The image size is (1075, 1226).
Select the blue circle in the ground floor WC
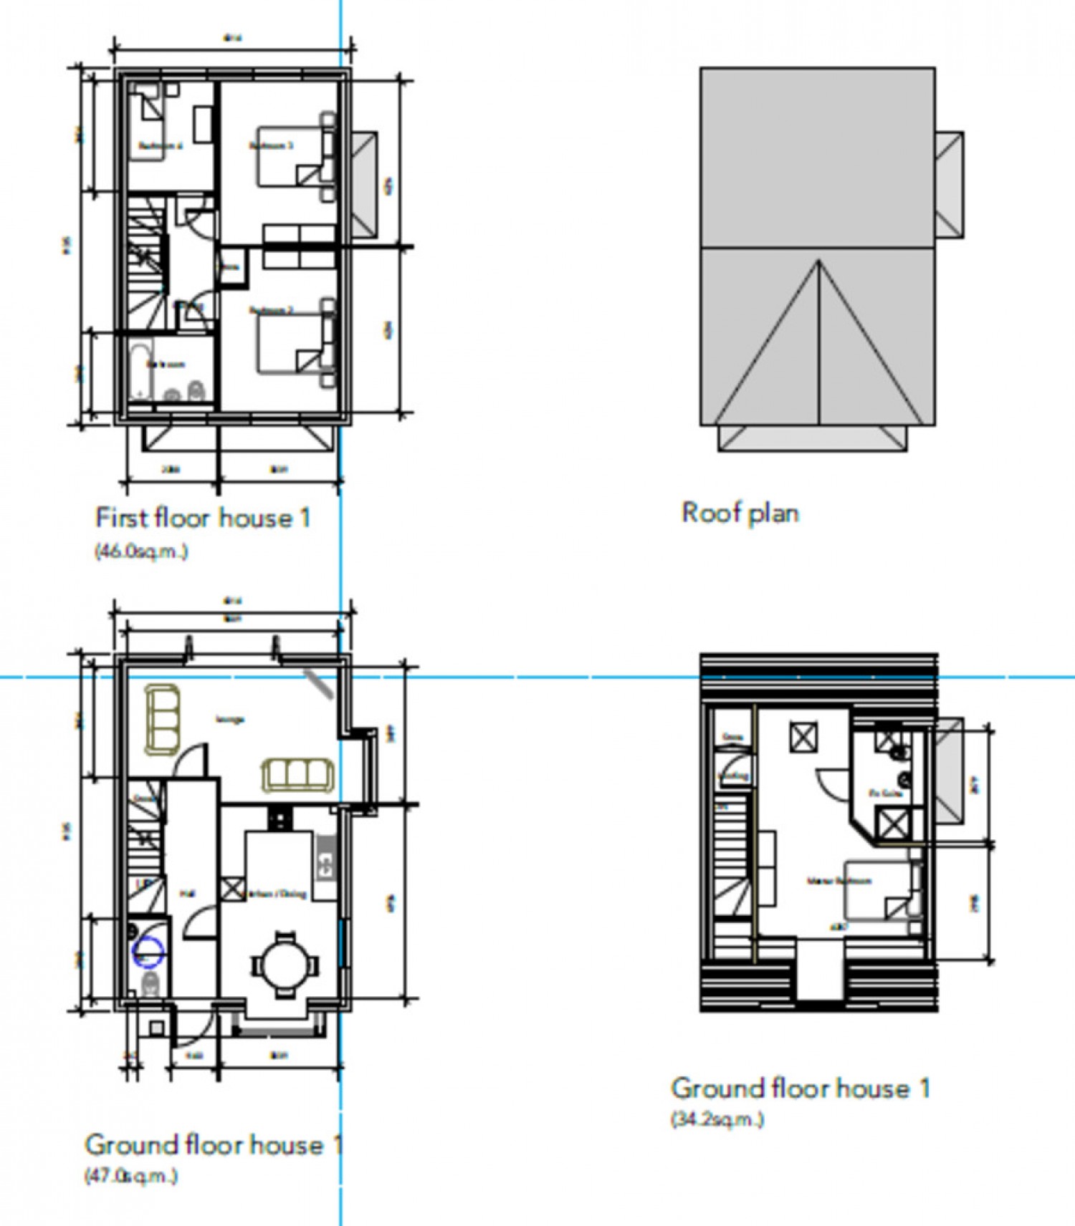click(149, 952)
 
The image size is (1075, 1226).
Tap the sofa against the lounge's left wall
click(162, 719)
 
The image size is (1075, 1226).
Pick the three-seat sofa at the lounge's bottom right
click(297, 775)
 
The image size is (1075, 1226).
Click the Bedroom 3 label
click(271, 146)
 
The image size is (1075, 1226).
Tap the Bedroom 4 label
click(161, 146)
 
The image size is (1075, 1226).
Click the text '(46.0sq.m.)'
click(140, 551)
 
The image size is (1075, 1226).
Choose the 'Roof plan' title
click(740, 513)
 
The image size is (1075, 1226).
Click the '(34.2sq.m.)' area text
click(717, 1119)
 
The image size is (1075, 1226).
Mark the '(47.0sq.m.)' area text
click(130, 1176)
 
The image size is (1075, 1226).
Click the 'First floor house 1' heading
click(203, 518)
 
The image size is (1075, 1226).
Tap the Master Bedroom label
click(838, 881)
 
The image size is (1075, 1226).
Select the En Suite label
click(884, 793)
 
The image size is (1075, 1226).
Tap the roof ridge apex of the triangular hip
click(818, 263)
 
